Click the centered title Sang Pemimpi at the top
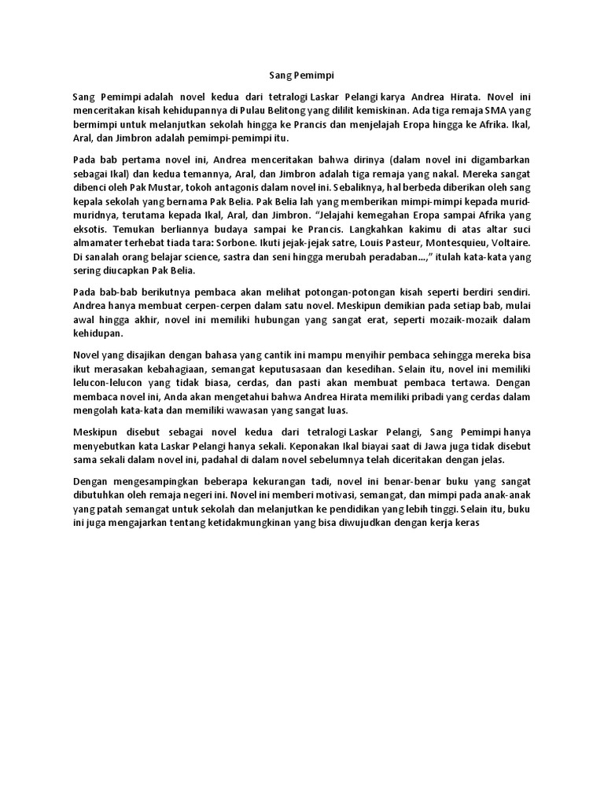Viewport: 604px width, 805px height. pyautogui.click(x=301, y=75)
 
